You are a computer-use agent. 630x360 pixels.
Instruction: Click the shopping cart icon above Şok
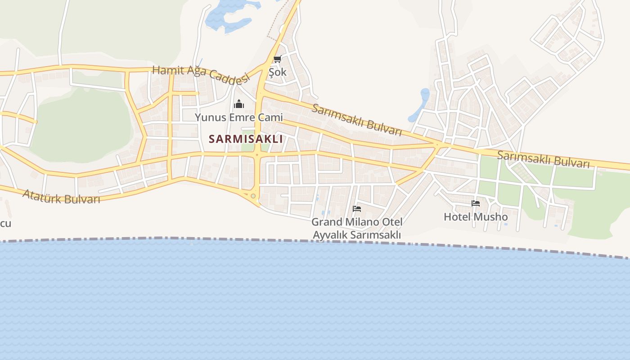277,59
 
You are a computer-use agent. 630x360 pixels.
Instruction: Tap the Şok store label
277,72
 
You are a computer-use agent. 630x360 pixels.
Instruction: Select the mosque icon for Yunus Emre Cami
238,104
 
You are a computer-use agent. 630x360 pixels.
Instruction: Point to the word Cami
270,117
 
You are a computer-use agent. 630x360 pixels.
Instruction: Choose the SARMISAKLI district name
246,139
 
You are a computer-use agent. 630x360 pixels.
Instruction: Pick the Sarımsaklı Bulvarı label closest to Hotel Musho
543,159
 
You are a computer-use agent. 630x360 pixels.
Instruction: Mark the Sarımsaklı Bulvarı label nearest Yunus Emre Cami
356,120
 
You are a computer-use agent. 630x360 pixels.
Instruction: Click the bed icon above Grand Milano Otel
357,208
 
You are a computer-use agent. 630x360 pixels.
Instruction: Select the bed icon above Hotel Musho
476,203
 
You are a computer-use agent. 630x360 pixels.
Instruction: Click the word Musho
490,217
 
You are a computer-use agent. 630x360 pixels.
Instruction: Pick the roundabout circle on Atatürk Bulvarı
253,196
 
